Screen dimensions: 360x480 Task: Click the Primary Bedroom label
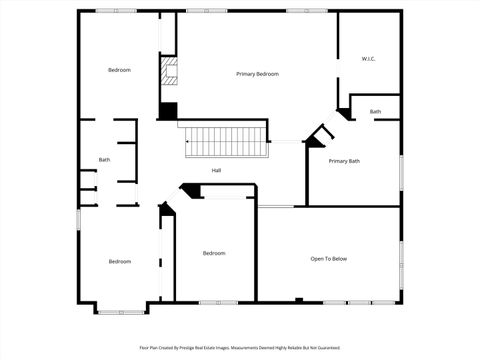[x=257, y=74]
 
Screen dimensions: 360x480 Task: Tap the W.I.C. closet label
[x=368, y=59]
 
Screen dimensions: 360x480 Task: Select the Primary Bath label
[x=344, y=161]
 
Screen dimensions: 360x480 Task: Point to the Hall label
[x=216, y=171]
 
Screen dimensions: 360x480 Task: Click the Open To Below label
[x=328, y=259]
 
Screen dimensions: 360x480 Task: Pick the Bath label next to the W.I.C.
[x=375, y=112]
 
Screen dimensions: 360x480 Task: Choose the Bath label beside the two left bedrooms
[x=104, y=160]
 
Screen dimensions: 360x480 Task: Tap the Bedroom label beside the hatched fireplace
[x=120, y=69]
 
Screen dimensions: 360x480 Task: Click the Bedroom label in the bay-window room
[x=120, y=261]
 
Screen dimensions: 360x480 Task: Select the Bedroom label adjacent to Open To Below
[x=214, y=253]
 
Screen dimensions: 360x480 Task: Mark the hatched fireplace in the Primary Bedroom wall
[x=168, y=72]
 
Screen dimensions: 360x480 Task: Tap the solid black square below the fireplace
[x=168, y=110]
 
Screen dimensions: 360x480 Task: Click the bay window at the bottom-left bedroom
[x=120, y=311]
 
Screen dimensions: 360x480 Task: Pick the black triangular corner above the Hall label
[x=186, y=188]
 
